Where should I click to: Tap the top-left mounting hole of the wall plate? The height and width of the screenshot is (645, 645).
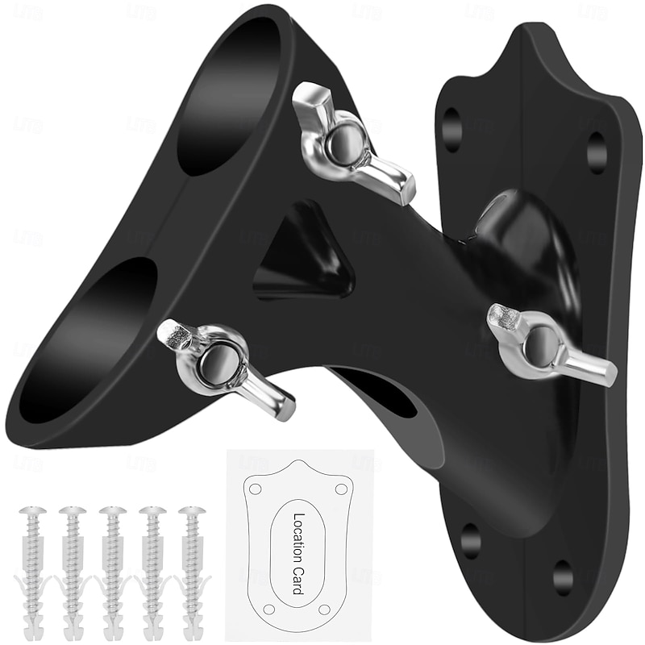coord(452,130)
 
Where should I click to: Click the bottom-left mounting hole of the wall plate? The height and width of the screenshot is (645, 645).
coord(471,540)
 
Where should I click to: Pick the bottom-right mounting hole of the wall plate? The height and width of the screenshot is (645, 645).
coord(562,576)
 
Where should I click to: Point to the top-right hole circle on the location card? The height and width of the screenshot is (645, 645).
coord(341,489)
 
